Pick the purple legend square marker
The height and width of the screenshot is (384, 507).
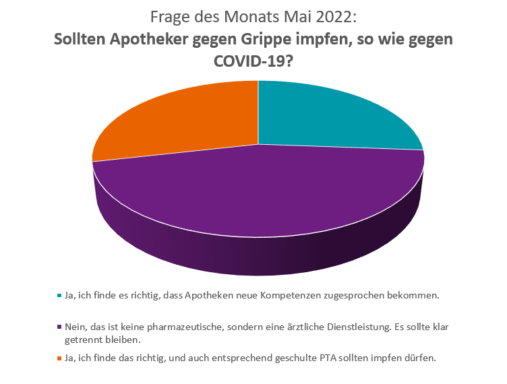pos(59,327)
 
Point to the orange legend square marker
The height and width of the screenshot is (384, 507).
pos(59,358)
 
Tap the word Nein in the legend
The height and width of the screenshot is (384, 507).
pos(76,326)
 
